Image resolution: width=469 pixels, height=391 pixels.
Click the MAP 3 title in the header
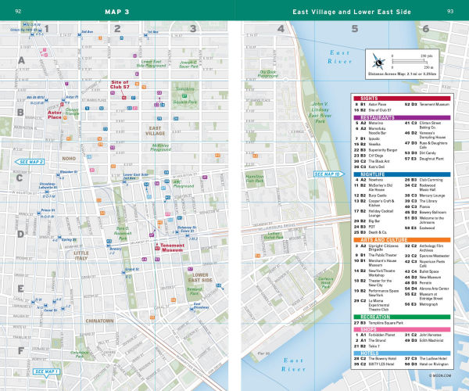(117, 11)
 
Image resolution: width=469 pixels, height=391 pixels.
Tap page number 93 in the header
(450, 11)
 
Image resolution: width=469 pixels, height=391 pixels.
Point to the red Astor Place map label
(59, 114)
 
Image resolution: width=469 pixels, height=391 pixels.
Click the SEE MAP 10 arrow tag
(325, 174)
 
